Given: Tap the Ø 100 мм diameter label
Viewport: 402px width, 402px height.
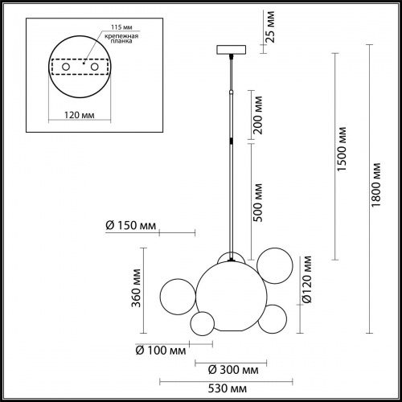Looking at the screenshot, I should point(159,351).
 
